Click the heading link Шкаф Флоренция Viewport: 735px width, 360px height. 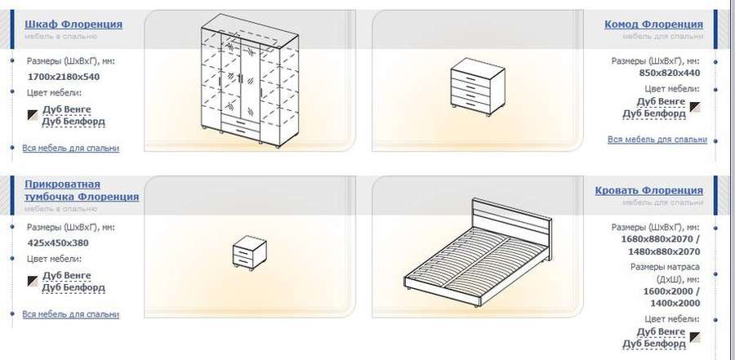(73, 24)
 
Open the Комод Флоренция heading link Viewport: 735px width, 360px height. (654, 24)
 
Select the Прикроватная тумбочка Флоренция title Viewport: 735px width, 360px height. (82, 190)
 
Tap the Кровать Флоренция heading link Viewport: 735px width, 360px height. (649, 190)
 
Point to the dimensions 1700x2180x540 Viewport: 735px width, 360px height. (64, 77)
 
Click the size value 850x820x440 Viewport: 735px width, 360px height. (670, 73)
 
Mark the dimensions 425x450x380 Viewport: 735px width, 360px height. (58, 243)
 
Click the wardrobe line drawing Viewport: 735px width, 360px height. (250, 80)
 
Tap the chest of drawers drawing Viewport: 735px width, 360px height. (478, 87)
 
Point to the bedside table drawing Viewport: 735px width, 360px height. (250, 253)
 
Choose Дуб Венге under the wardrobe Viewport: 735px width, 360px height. (67, 109)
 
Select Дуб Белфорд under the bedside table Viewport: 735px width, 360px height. (73, 288)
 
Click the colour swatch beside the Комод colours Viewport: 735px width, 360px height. (695, 107)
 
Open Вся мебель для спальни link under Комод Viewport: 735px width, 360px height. (657, 140)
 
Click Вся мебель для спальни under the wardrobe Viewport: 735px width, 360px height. (71, 148)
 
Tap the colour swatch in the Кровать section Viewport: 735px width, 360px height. (695, 337)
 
